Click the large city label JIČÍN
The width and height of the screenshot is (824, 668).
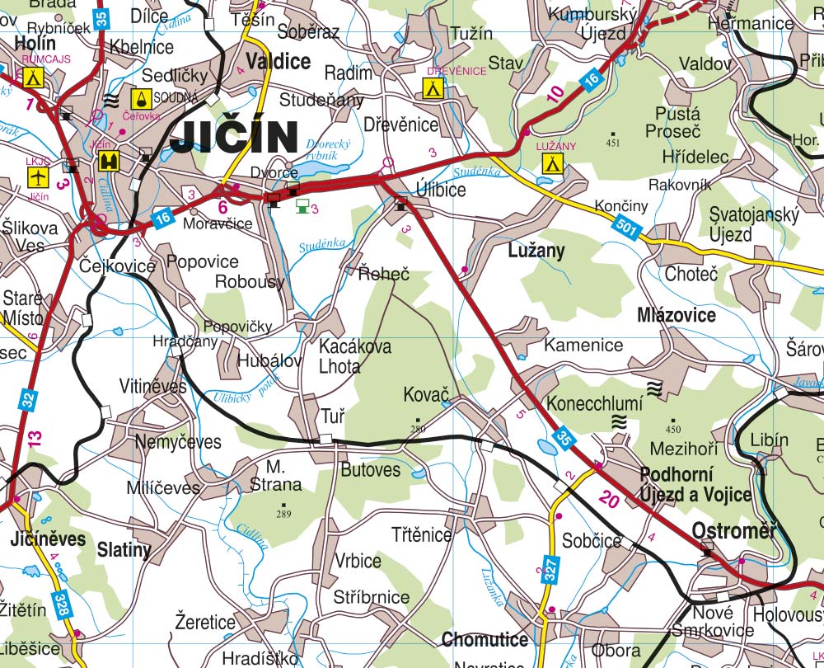click(234, 137)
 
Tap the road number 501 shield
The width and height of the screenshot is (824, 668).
click(627, 228)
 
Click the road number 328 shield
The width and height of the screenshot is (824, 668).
click(61, 605)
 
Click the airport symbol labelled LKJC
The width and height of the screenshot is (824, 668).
click(38, 176)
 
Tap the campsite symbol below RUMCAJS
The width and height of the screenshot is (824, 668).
click(33, 78)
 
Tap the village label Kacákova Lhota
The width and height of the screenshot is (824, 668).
click(354, 356)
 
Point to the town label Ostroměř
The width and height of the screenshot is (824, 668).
click(734, 530)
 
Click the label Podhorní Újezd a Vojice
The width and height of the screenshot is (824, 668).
click(695, 486)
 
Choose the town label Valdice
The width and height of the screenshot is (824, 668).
click(278, 62)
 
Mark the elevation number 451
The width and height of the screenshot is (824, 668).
click(611, 143)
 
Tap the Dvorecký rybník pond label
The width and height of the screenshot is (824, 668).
click(321, 149)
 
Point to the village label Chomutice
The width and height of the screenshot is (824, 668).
click(485, 639)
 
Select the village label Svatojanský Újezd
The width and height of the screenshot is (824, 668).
click(754, 224)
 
